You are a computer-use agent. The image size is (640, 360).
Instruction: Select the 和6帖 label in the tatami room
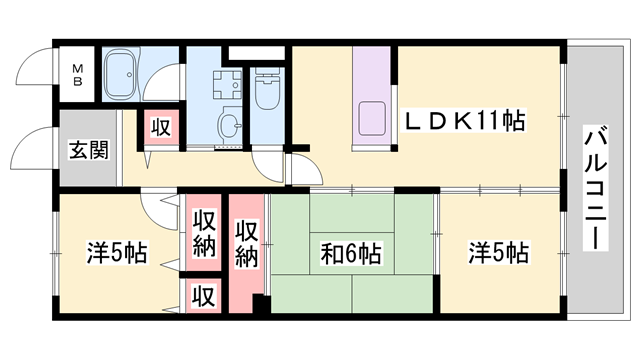pyautogui.click(x=351, y=253)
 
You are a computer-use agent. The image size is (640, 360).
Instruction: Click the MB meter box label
pyautogui.click(x=77, y=75)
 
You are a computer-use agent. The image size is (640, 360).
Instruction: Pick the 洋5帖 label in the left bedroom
pyautogui.click(x=118, y=253)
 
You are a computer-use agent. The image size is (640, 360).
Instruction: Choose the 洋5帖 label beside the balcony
pyautogui.click(x=498, y=253)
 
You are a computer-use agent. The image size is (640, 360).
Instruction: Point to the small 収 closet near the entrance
pyautogui.click(x=159, y=127)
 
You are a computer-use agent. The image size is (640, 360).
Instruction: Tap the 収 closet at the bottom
pyautogui.click(x=204, y=296)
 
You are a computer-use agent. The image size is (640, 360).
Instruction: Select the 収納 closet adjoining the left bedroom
pyautogui.click(x=204, y=233)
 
